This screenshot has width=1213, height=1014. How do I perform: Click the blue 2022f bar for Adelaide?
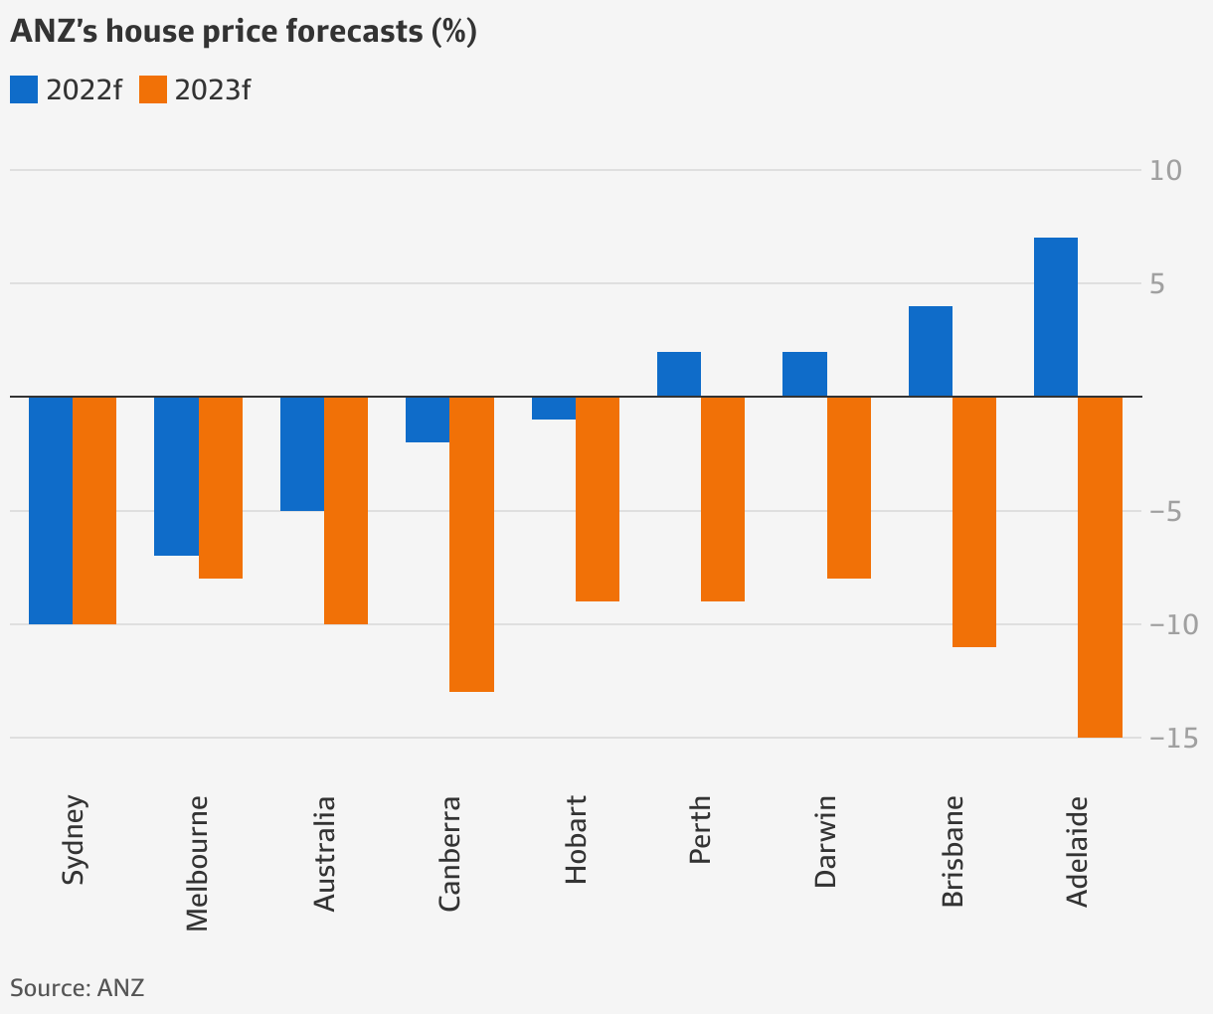tap(1055, 316)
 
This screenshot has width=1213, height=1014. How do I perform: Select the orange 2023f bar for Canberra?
tap(471, 544)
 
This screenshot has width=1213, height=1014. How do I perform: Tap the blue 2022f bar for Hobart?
tap(553, 408)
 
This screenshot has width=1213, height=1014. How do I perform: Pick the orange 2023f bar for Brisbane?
tap(973, 521)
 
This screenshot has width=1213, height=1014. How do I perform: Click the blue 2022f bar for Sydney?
tap(51, 510)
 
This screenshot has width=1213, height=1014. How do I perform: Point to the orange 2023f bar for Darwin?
tap(848, 487)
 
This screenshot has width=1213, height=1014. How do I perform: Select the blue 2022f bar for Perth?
tap(678, 374)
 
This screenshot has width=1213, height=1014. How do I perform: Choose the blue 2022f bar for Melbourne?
tap(176, 475)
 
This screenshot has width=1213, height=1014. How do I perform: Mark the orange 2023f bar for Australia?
tap(346, 510)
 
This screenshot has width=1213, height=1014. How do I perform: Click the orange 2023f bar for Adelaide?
tap(1100, 567)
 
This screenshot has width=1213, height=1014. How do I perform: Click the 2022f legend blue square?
tap(24, 89)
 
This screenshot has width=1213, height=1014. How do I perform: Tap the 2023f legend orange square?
tap(152, 89)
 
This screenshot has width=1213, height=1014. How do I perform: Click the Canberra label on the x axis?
tap(449, 853)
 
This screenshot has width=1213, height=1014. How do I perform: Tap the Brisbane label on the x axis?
tap(953, 851)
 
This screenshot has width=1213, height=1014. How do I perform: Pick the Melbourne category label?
tap(198, 862)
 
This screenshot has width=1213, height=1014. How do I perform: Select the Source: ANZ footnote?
tap(78, 988)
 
